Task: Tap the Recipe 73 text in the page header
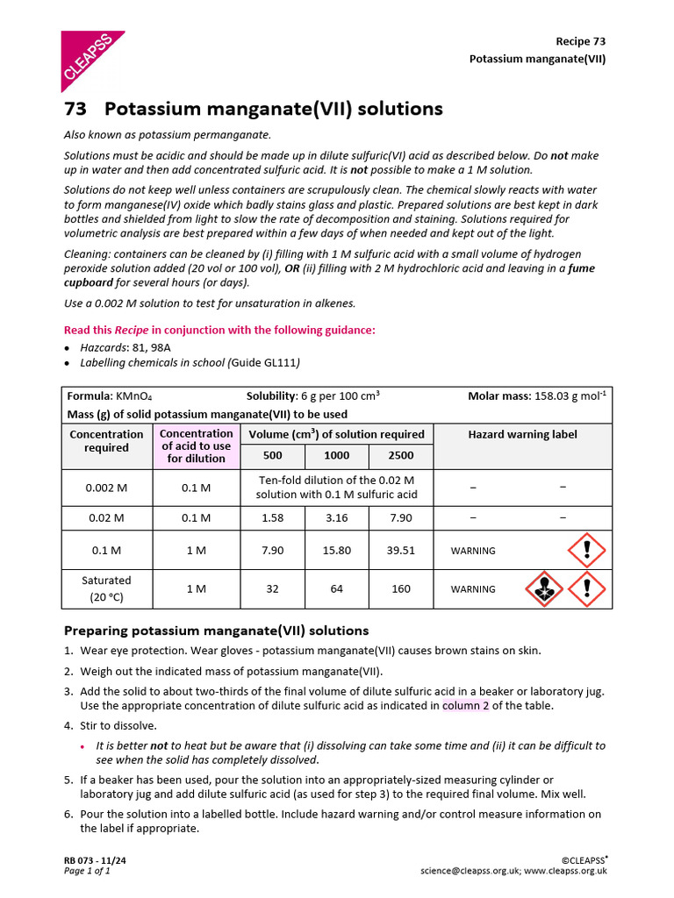pos(580,41)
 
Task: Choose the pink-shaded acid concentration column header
pos(196,445)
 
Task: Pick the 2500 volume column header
pos(400,455)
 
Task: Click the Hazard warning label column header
pos(522,434)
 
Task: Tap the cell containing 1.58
pos(272,517)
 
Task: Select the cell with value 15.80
pos(336,551)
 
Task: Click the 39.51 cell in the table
pos(400,551)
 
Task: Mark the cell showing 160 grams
pos(400,588)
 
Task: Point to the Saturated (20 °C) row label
pos(106,588)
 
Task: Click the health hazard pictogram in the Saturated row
pos(543,588)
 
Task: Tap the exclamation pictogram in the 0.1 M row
pos(586,551)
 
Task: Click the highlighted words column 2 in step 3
pos(465,705)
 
